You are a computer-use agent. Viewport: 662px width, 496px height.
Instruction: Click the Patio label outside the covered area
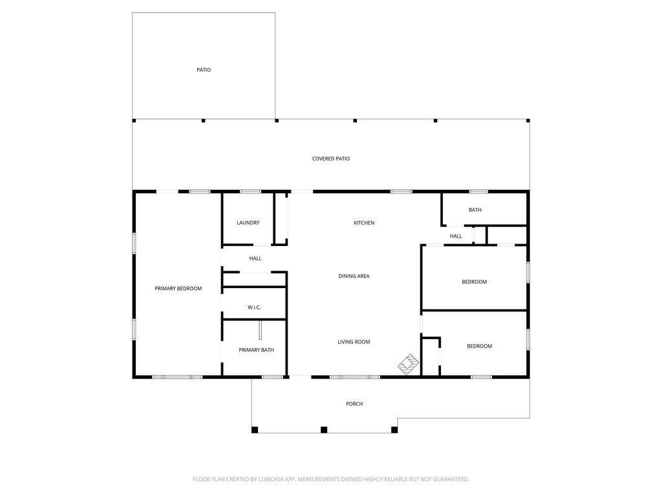204,70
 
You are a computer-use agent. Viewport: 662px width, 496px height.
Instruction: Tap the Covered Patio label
331,159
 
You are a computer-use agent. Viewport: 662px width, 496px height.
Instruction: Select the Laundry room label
248,223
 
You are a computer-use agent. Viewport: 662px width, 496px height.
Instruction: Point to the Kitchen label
364,223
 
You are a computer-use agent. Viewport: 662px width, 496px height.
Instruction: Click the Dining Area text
354,276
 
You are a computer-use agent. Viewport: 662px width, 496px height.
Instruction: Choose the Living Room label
354,342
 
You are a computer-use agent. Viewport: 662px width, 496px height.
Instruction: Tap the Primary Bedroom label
178,289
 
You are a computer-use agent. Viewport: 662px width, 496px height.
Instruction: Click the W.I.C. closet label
254,307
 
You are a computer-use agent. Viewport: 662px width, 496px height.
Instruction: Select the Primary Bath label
256,350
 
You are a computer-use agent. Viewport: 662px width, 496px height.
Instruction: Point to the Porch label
354,404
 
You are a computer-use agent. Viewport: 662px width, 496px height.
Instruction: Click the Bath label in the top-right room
475,210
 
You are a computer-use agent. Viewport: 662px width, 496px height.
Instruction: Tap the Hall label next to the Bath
456,236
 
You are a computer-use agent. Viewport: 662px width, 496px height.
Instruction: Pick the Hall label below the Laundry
255,258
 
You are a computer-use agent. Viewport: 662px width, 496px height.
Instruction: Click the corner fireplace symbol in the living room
409,364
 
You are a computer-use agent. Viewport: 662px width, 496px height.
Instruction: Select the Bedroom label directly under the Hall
474,282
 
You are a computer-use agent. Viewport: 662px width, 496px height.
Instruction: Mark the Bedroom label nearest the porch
479,346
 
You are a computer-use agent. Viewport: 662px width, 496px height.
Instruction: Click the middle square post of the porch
324,429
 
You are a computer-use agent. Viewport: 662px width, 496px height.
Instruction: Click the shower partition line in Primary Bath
261,330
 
